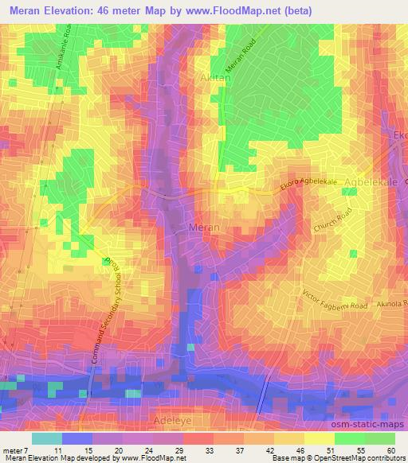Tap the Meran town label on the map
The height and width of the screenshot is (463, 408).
[x=203, y=228]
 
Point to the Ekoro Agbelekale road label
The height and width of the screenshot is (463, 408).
[x=309, y=185]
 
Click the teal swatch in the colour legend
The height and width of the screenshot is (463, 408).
[x=47, y=438]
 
